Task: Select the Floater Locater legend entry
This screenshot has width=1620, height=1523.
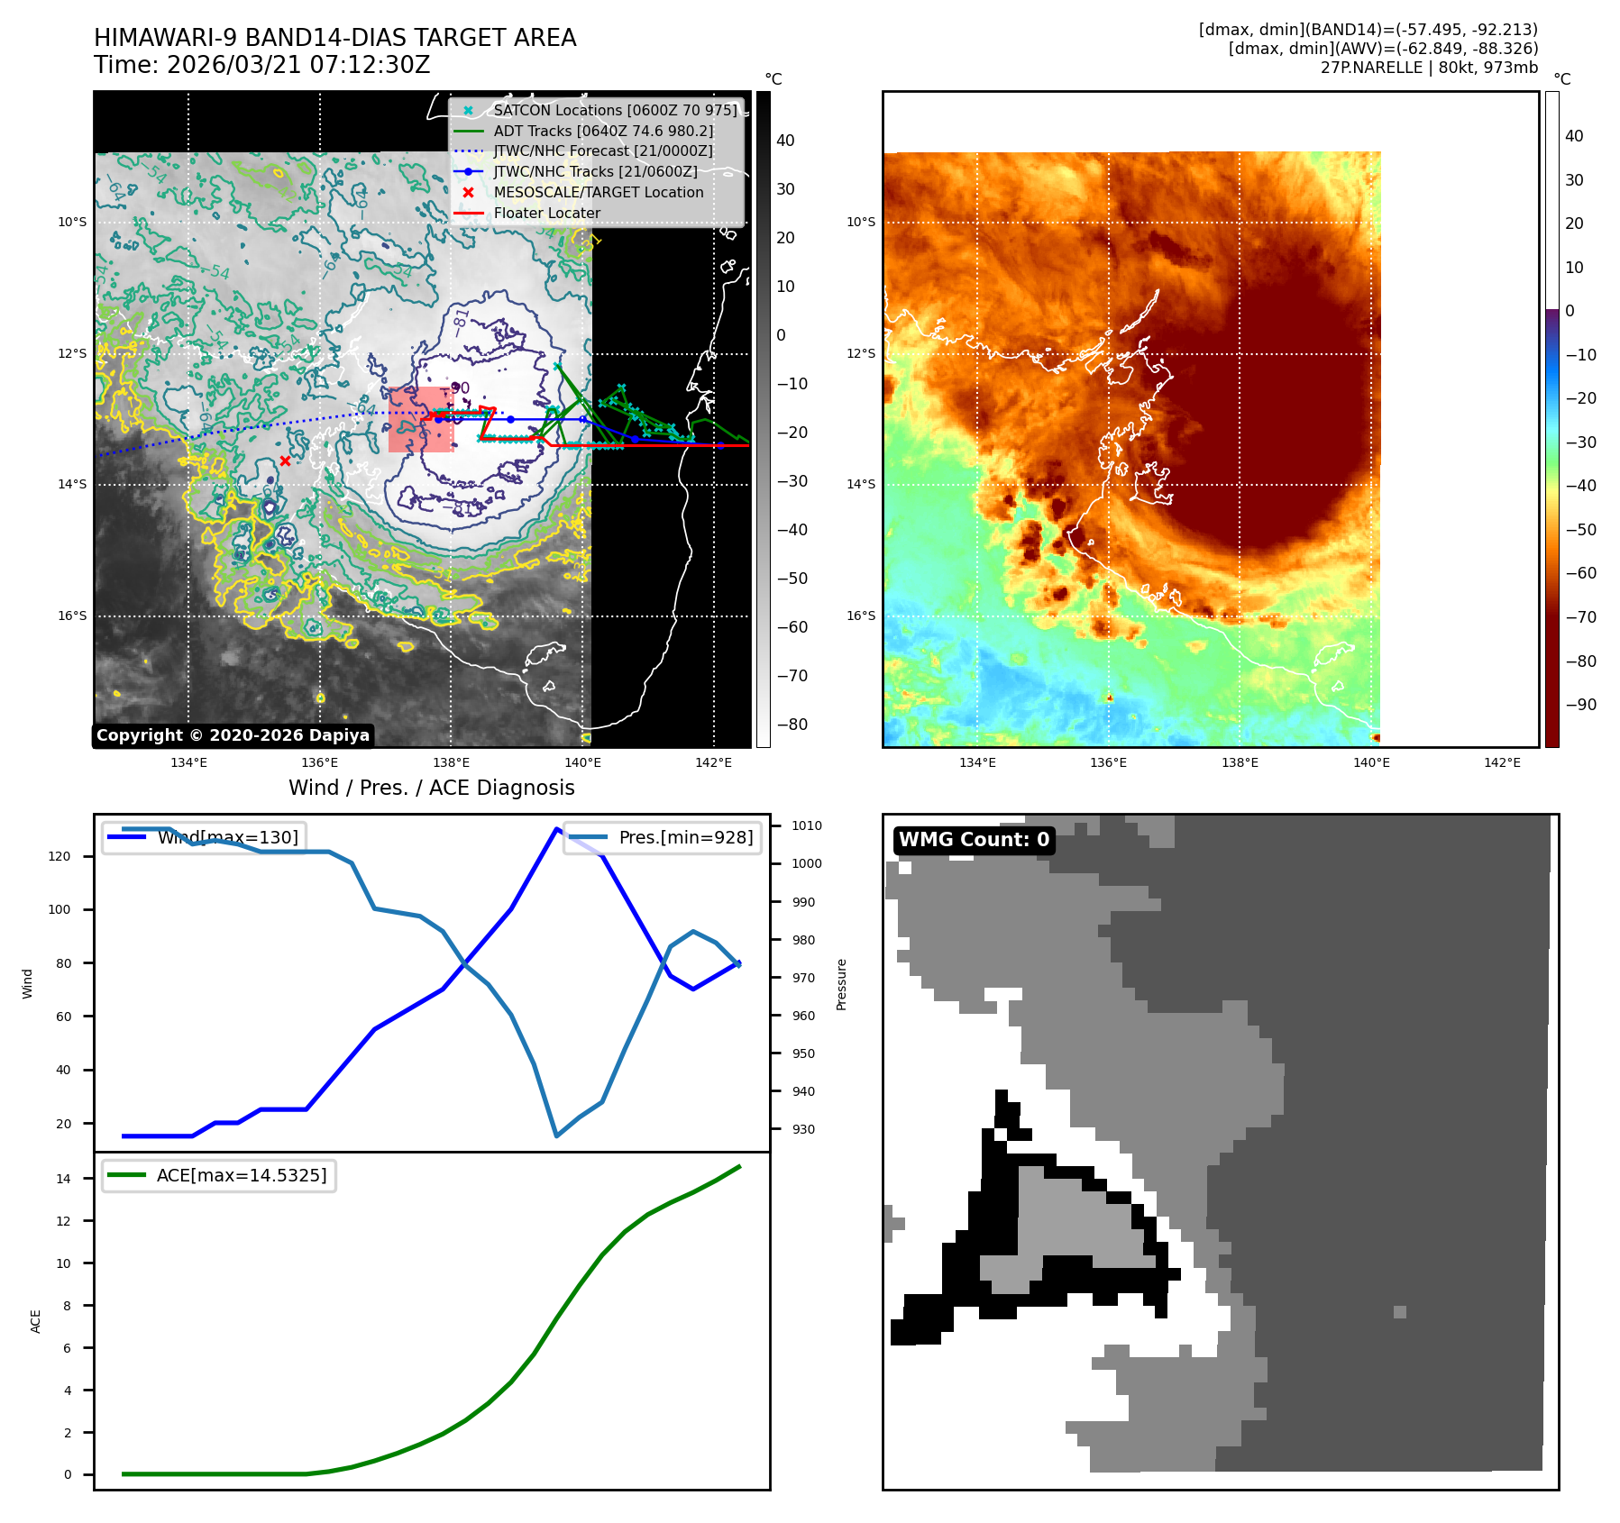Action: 546,214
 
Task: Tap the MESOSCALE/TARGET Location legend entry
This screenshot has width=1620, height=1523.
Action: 598,193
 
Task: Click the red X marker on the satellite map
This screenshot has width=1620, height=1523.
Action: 285,461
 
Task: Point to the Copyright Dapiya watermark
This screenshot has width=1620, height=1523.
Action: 233,735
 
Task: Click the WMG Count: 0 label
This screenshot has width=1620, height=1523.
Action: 974,840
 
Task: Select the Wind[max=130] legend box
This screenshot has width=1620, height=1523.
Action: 204,837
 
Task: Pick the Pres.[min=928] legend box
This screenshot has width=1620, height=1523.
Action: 663,837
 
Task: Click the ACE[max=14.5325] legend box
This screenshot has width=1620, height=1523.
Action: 219,1176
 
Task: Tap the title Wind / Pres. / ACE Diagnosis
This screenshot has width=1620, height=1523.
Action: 431,788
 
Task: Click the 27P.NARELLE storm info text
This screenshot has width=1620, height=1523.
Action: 1429,68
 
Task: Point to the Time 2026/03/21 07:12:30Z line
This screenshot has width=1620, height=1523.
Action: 261,66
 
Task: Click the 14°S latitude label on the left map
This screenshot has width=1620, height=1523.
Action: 72,485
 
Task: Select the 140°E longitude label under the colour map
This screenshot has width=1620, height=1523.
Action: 1371,762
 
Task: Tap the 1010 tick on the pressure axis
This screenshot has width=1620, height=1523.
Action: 807,825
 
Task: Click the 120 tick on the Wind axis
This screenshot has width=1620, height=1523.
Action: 59,856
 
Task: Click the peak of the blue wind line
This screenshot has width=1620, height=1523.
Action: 556,828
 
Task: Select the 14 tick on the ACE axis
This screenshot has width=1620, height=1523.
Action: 63,1179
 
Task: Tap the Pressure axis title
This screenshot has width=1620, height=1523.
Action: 841,984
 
